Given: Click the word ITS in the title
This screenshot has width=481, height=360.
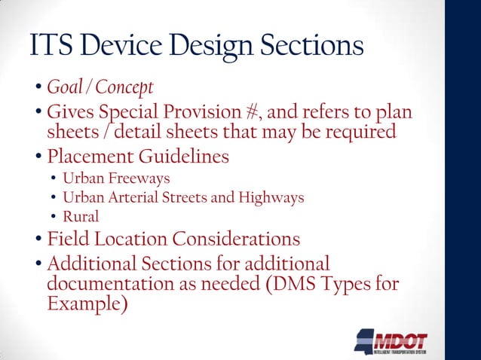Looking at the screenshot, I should click(x=51, y=47).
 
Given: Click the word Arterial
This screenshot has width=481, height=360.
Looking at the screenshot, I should click(x=129, y=197).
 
